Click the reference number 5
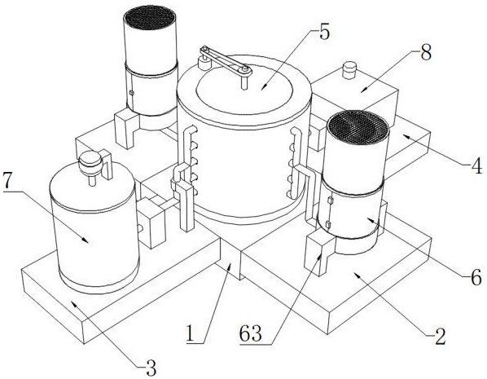pos(324,33)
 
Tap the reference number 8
pos(426,54)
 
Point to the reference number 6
pos(476,277)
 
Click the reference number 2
pos(440,337)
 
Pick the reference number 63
pos(251,334)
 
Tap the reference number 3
pos(151,368)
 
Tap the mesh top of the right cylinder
pos(358,128)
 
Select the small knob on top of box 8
pos(349,70)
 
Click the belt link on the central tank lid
pos(226,60)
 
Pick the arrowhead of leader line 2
pos(357,275)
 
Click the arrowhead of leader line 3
pos(74,303)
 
